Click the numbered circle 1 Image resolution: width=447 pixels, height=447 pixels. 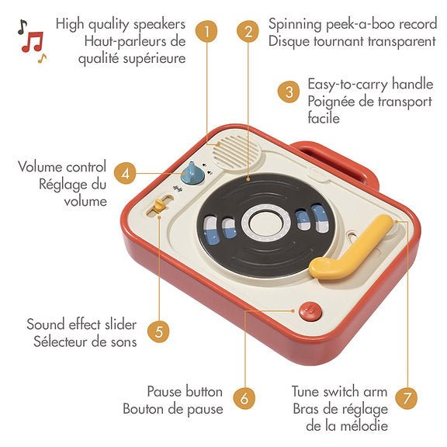(206, 31)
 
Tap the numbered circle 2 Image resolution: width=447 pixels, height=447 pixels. (248, 31)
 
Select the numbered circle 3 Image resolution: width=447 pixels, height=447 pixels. (289, 92)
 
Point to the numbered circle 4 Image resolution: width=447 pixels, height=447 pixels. (126, 173)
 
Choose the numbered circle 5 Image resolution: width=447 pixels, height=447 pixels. (158, 331)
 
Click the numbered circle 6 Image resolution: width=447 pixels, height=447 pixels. (244, 398)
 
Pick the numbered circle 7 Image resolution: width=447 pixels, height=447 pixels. (407, 398)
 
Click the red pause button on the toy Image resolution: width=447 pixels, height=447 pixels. (310, 311)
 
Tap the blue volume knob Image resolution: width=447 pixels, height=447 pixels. (192, 174)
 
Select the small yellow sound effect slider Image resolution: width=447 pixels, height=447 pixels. (158, 205)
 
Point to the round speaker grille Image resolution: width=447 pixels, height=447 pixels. (237, 151)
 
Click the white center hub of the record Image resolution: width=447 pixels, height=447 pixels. (265, 223)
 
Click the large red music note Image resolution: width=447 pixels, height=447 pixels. (33, 42)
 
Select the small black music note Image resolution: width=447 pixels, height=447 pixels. (23, 27)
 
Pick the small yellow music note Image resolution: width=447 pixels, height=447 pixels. (42, 58)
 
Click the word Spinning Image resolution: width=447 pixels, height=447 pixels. (295, 25)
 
